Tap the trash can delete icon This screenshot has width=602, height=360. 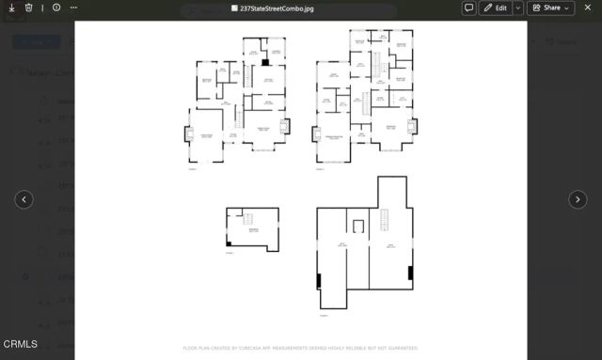click(29, 8)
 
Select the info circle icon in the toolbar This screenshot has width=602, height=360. click(56, 8)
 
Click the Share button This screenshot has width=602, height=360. click(550, 8)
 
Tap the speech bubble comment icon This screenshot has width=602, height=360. click(468, 8)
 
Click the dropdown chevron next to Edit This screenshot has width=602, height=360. click(517, 8)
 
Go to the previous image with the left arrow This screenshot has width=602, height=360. click(24, 199)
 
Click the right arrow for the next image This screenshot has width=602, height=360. click(578, 199)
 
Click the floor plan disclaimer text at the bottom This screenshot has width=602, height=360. click(301, 347)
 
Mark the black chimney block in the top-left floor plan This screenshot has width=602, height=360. click(265, 62)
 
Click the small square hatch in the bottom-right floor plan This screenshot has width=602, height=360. click(357, 225)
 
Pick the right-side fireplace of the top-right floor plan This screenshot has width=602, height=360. click(410, 125)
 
